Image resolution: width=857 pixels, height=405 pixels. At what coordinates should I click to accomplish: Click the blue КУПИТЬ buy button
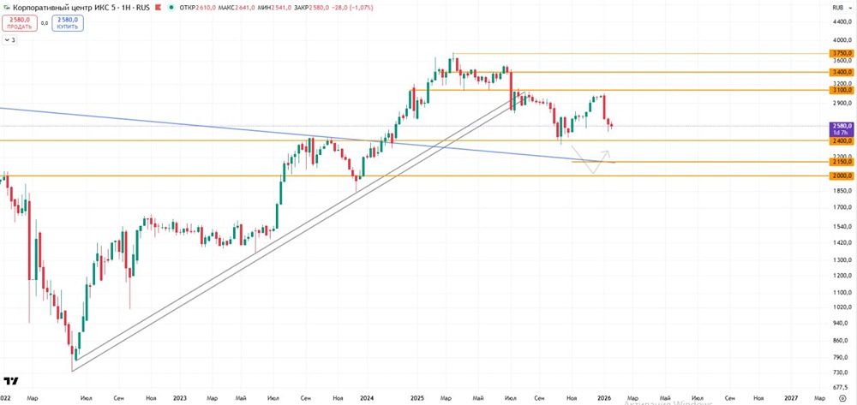(x=68, y=21)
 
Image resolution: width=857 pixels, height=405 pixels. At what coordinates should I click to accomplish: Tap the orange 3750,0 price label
(x=842, y=53)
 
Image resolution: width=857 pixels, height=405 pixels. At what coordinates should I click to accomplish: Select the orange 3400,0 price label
(x=842, y=73)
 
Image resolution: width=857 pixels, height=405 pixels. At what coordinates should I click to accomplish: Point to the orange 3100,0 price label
(x=842, y=90)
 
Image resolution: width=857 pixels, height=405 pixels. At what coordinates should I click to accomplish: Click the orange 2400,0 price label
(x=842, y=140)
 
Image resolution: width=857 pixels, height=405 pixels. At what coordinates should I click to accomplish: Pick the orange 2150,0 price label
(x=842, y=162)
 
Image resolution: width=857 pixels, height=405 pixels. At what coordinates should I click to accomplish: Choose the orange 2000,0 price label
(x=842, y=176)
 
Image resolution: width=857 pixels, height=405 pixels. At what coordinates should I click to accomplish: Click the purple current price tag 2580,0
(x=842, y=126)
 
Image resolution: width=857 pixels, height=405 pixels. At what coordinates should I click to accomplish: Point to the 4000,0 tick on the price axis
(x=842, y=40)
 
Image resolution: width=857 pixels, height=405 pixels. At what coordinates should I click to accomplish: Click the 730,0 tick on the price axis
(x=842, y=372)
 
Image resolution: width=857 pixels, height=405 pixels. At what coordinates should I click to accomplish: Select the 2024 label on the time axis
(x=367, y=398)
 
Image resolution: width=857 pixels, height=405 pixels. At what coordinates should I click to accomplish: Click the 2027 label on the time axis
(x=791, y=398)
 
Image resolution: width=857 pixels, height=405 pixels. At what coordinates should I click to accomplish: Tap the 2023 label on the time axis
(x=180, y=398)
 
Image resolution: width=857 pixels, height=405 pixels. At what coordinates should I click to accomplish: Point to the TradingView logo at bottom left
(x=13, y=380)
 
